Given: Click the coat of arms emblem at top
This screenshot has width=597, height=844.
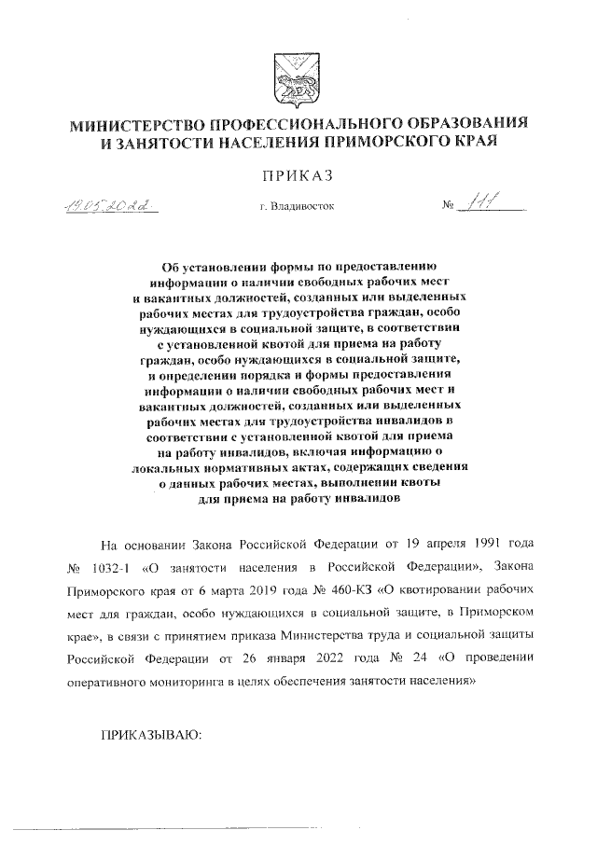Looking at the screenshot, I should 298,75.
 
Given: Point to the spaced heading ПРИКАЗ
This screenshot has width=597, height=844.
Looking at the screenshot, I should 298,176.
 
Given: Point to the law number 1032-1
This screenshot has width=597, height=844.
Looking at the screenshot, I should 127,566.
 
